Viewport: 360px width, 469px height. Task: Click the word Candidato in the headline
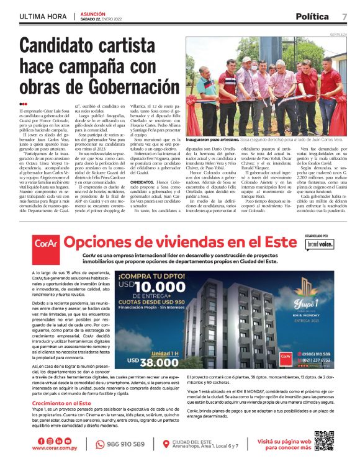pyautogui.click(x=61, y=46)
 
